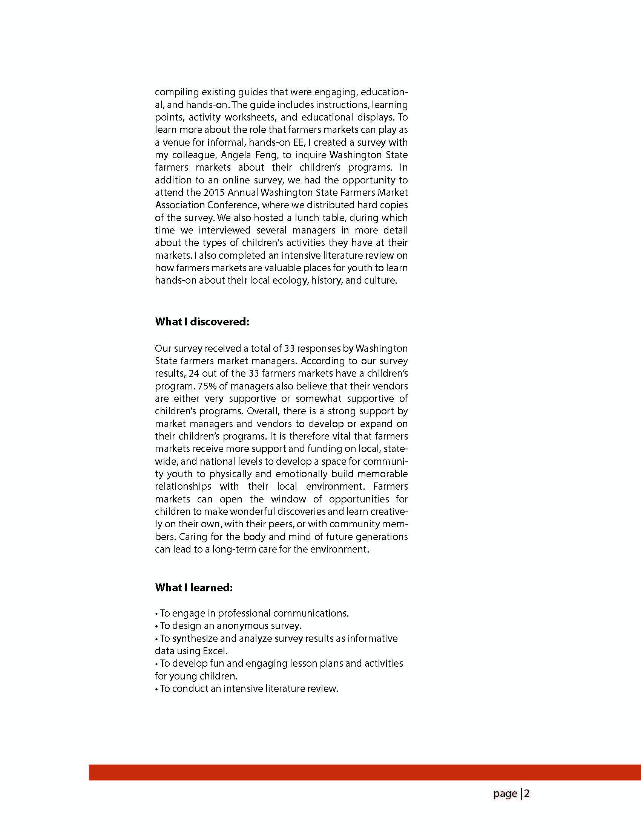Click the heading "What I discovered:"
coord(202,322)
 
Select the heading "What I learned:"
coord(194,588)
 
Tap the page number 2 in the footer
coord(527,794)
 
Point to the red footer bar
coord(365,772)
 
